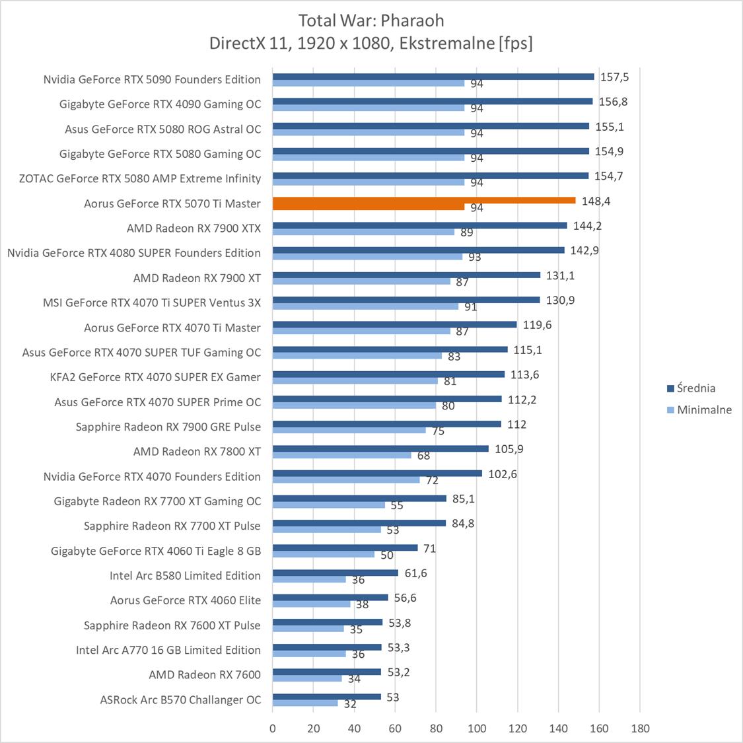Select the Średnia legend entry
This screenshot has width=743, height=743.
point(695,388)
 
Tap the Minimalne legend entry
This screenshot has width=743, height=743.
point(703,409)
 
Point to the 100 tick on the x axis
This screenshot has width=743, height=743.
point(477,728)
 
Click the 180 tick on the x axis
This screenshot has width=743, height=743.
point(640,728)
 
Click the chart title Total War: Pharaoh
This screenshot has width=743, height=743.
point(371,20)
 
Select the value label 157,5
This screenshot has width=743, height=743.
point(614,77)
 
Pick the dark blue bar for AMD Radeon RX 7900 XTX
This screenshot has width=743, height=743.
point(419,225)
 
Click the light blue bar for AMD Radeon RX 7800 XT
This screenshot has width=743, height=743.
point(341,455)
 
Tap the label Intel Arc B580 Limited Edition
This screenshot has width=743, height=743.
point(185,575)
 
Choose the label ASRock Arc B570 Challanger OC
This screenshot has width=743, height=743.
point(180,699)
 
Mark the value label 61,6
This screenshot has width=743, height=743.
point(415,573)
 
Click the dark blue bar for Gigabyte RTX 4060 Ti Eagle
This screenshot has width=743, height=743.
point(345,548)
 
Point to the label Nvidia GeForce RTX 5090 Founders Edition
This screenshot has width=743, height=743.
point(152,79)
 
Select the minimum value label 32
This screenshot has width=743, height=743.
point(350,704)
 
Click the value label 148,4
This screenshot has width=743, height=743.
point(596,201)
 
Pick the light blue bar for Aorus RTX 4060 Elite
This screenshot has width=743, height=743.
point(311,604)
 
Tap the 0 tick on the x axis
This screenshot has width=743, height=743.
point(273,728)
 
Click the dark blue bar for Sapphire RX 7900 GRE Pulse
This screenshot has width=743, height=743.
point(386,424)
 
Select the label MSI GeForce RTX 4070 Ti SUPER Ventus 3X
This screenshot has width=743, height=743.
point(152,302)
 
